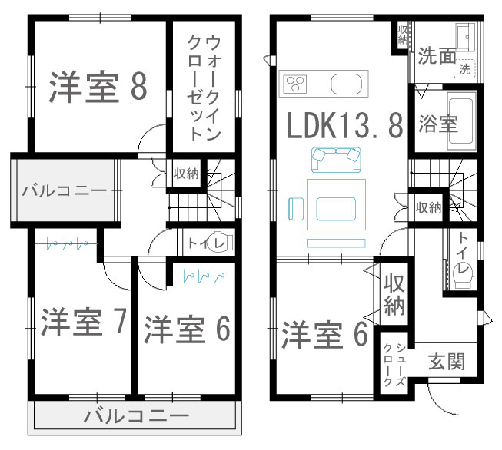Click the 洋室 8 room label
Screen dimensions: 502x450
[98, 87]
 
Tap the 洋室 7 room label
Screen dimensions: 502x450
[84, 322]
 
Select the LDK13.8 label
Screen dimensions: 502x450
[345, 126]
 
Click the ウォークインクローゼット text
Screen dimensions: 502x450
[204, 88]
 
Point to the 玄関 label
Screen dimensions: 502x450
[447, 362]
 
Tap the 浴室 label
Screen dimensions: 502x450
[438, 124]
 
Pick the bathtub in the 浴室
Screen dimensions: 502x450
[461, 121]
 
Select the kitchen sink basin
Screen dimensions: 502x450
[347, 84]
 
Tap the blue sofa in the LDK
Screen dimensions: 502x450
[336, 160]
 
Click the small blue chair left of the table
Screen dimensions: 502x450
[296, 209]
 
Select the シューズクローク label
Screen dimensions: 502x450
[394, 365]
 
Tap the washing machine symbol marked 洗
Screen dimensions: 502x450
[465, 69]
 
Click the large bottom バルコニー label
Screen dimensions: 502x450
[137, 416]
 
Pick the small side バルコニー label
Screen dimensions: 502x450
[64, 191]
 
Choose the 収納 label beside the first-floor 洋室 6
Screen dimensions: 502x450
[394, 294]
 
